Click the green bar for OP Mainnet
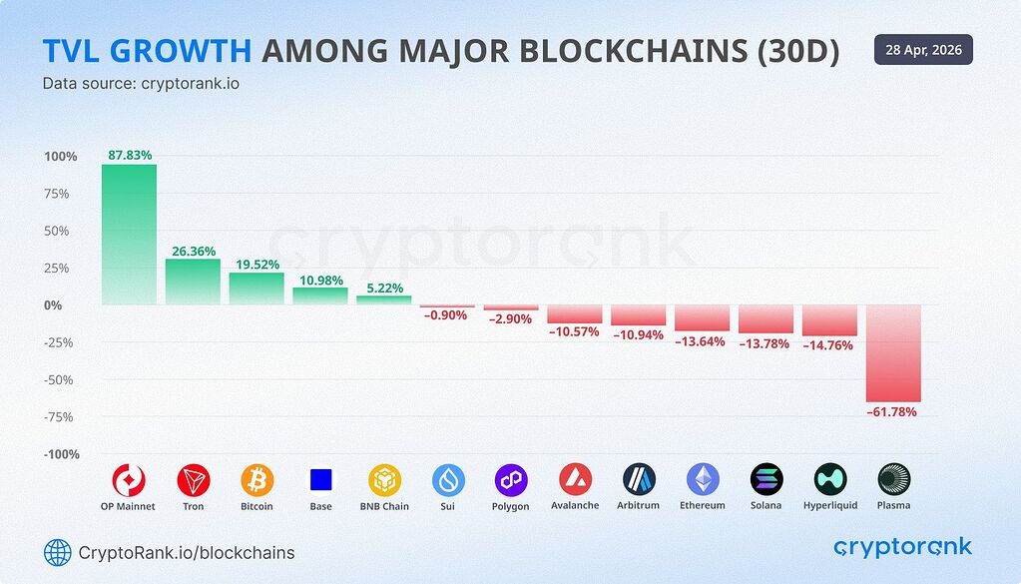click(129, 234)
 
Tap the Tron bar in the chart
click(193, 282)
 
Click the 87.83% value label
click(130, 155)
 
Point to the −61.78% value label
click(893, 411)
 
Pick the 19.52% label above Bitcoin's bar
click(256, 265)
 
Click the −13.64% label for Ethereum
click(703, 342)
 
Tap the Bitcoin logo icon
click(256, 480)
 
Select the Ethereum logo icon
click(703, 480)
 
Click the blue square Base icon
click(320, 480)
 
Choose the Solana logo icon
click(766, 480)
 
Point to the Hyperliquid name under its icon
click(830, 506)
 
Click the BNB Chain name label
click(384, 506)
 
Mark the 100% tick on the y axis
click(60, 157)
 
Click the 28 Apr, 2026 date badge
click(923, 50)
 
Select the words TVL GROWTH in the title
click(146, 52)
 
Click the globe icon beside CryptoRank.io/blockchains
click(57, 552)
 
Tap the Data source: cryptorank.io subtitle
click(140, 84)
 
